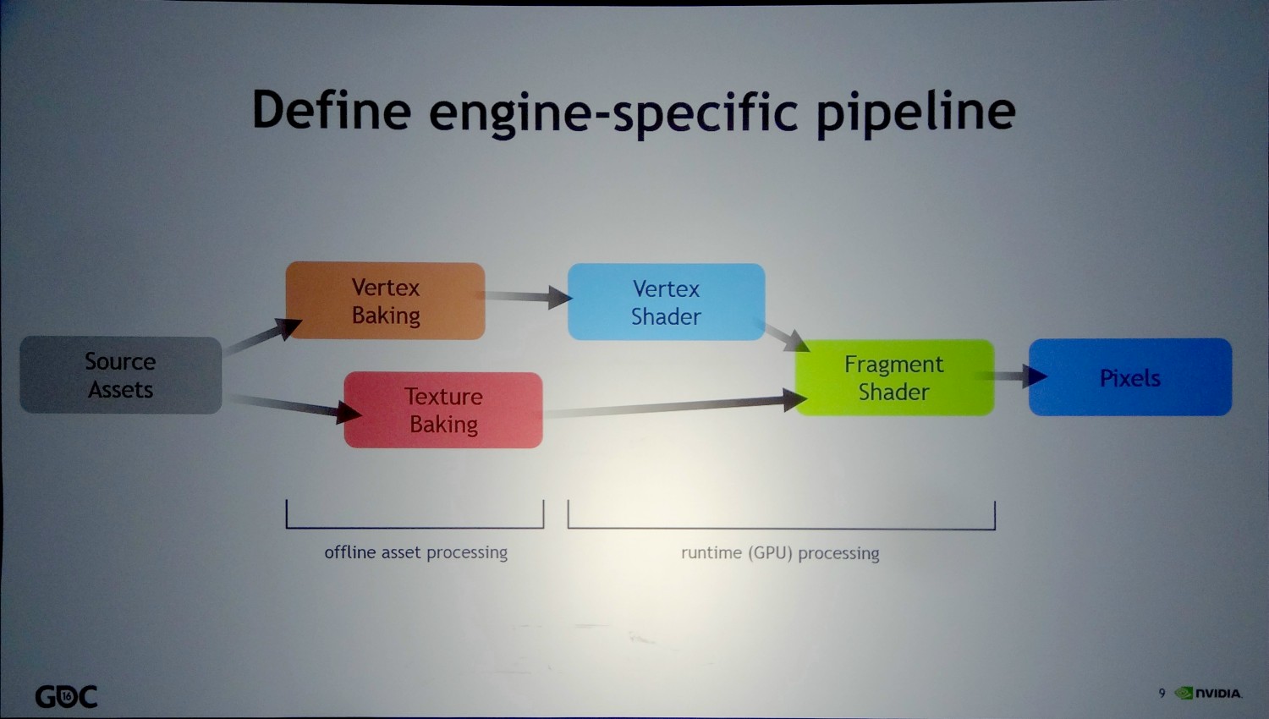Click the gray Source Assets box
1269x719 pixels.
(x=121, y=375)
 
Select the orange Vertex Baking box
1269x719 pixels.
(x=385, y=301)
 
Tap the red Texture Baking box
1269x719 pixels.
(x=443, y=410)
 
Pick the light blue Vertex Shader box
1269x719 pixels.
(x=666, y=302)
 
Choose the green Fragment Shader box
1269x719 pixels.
(x=894, y=377)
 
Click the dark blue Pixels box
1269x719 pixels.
(x=1129, y=377)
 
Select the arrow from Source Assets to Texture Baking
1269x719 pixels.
(x=292, y=405)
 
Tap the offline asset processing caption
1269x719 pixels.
(x=415, y=552)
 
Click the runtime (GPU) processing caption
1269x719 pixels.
(x=780, y=553)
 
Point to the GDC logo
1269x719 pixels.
(x=66, y=696)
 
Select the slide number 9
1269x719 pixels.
(x=1162, y=694)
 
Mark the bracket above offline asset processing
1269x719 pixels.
(x=415, y=526)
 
